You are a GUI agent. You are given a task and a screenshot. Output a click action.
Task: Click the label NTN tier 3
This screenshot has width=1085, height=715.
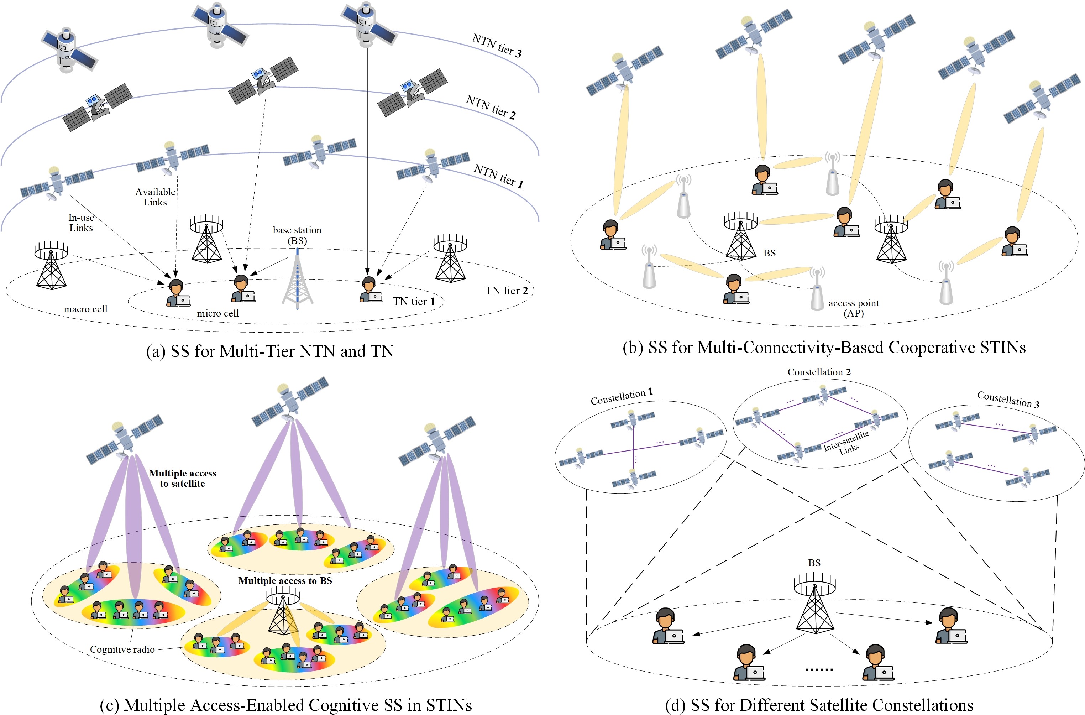click(x=497, y=46)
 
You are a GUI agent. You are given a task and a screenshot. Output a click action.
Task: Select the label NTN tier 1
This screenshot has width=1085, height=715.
click(x=498, y=176)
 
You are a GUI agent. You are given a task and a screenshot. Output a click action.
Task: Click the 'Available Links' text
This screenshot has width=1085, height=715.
click(x=155, y=197)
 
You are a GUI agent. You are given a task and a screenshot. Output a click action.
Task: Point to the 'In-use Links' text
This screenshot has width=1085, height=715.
click(x=81, y=223)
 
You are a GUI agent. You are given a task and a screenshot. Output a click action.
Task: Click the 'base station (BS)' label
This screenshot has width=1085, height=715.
click(x=297, y=235)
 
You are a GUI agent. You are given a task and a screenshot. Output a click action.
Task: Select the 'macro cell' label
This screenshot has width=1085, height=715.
click(x=86, y=309)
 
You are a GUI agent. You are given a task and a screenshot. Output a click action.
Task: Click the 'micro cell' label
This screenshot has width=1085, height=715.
click(x=217, y=313)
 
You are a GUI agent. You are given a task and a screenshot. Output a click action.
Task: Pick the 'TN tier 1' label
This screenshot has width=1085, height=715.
click(x=414, y=301)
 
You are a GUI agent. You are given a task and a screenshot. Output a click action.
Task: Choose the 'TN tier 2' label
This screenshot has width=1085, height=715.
click(x=507, y=291)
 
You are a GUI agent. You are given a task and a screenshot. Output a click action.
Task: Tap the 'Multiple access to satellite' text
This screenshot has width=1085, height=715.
click(x=182, y=478)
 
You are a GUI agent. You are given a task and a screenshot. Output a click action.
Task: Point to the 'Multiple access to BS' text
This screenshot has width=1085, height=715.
click(x=285, y=580)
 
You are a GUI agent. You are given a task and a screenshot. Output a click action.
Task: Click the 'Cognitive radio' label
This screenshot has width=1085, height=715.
click(x=122, y=649)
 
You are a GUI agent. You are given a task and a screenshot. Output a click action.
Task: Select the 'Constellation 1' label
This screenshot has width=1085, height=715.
click(x=622, y=397)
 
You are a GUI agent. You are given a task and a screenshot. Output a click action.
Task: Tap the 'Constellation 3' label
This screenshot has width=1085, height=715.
click(x=1008, y=400)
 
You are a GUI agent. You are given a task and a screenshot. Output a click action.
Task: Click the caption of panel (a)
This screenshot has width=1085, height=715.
click(x=269, y=351)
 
